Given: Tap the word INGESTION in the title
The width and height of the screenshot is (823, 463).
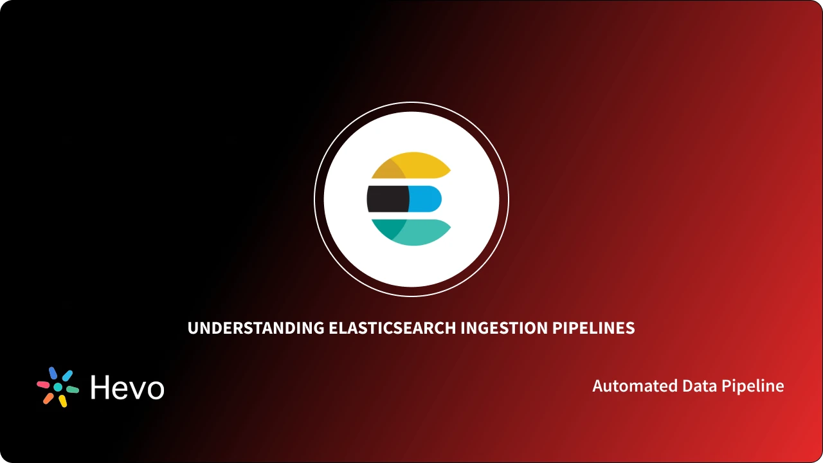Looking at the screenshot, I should (x=505, y=328).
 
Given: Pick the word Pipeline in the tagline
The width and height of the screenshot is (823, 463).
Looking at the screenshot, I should (x=753, y=386).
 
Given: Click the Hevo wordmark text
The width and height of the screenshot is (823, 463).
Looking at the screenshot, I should (x=127, y=387).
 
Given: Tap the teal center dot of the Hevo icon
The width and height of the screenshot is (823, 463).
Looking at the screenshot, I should (x=58, y=387).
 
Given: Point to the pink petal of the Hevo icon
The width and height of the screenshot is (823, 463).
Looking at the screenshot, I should (x=43, y=385).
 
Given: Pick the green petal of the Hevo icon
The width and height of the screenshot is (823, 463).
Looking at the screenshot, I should (x=73, y=390).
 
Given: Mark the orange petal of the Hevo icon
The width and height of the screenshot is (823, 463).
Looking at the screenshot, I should (x=48, y=399).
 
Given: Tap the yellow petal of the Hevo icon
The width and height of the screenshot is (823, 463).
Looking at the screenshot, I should (x=62, y=401).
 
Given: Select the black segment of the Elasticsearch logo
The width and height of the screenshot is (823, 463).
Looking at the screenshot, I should (x=387, y=199).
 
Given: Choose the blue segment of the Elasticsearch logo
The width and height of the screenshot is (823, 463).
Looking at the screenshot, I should (x=425, y=199).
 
